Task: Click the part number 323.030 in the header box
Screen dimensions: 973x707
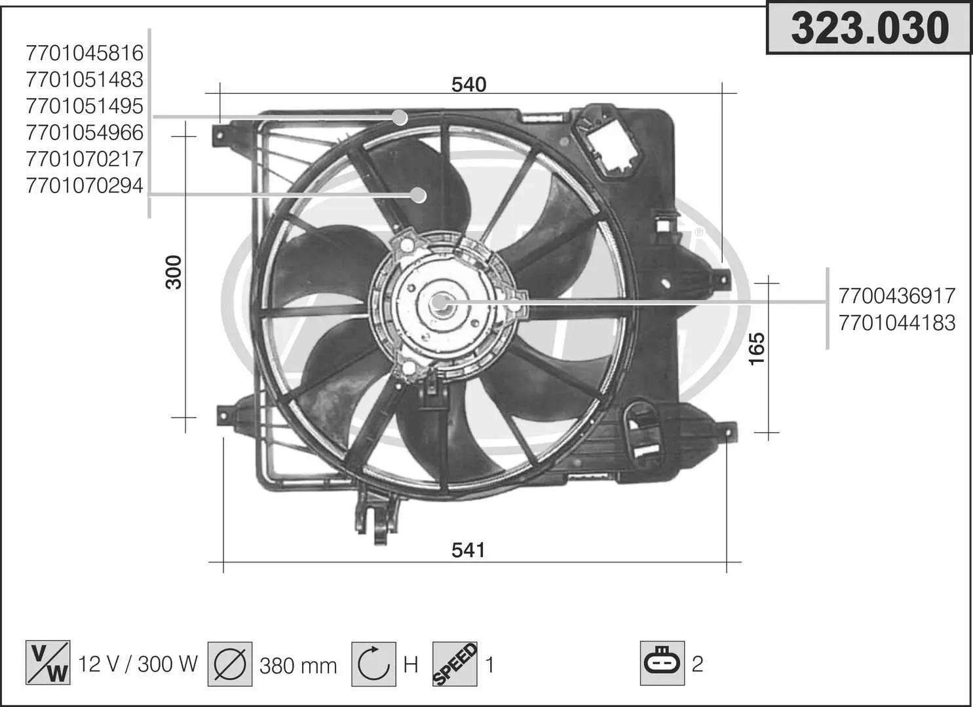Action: [870, 29]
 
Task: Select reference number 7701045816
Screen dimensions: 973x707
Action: [85, 54]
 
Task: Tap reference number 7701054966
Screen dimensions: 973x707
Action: [85, 133]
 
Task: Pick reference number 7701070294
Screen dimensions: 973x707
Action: [85, 186]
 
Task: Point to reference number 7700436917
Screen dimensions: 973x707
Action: [897, 297]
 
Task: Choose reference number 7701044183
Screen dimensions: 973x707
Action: [897, 323]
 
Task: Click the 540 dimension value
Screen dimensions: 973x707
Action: [468, 84]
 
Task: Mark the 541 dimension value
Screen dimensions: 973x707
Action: [468, 551]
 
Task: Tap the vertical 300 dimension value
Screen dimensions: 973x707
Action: [174, 272]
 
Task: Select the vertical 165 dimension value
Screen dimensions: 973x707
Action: [756, 348]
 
